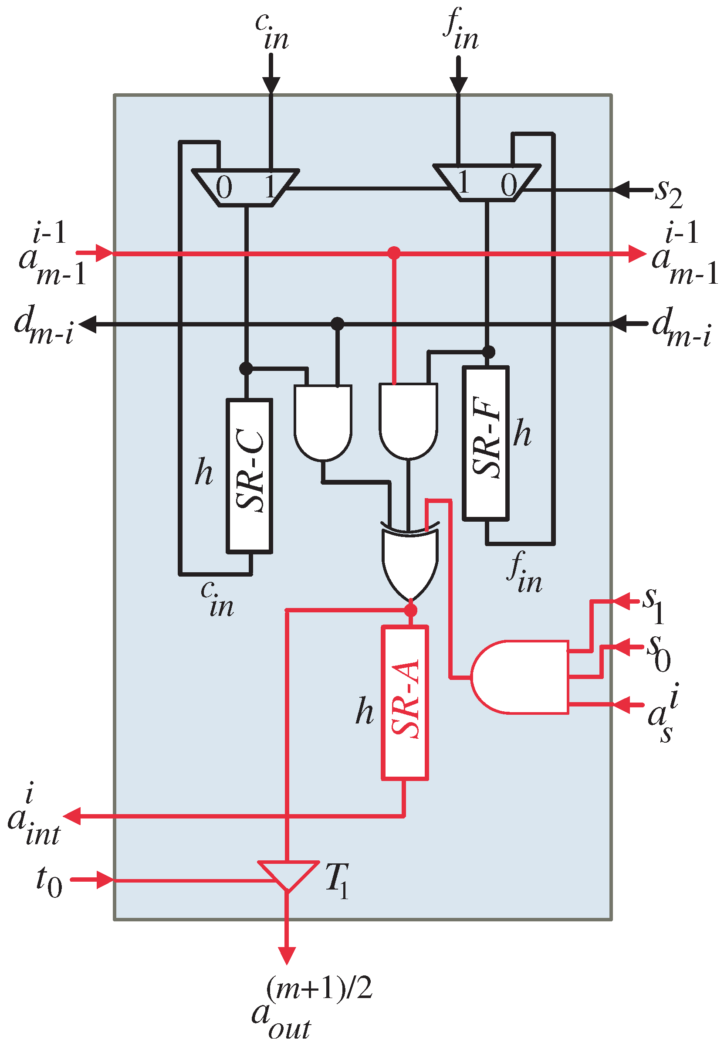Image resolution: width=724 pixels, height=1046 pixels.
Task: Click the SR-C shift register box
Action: click(249, 476)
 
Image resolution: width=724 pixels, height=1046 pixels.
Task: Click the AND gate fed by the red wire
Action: click(408, 420)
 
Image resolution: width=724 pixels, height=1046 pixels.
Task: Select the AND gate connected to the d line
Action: click(322, 421)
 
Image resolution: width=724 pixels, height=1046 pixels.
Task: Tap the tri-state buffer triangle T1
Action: click(288, 874)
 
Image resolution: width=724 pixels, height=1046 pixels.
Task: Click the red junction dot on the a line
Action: click(394, 253)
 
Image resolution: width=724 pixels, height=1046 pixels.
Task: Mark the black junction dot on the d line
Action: click(337, 323)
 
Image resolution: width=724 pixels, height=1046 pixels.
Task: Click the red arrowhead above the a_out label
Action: click(287, 955)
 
